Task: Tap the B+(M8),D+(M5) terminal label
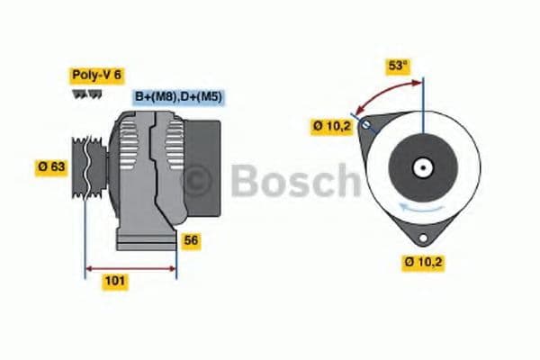click(x=178, y=96)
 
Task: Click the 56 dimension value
click(x=192, y=240)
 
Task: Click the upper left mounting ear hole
click(x=365, y=123)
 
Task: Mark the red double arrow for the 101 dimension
click(x=130, y=267)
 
